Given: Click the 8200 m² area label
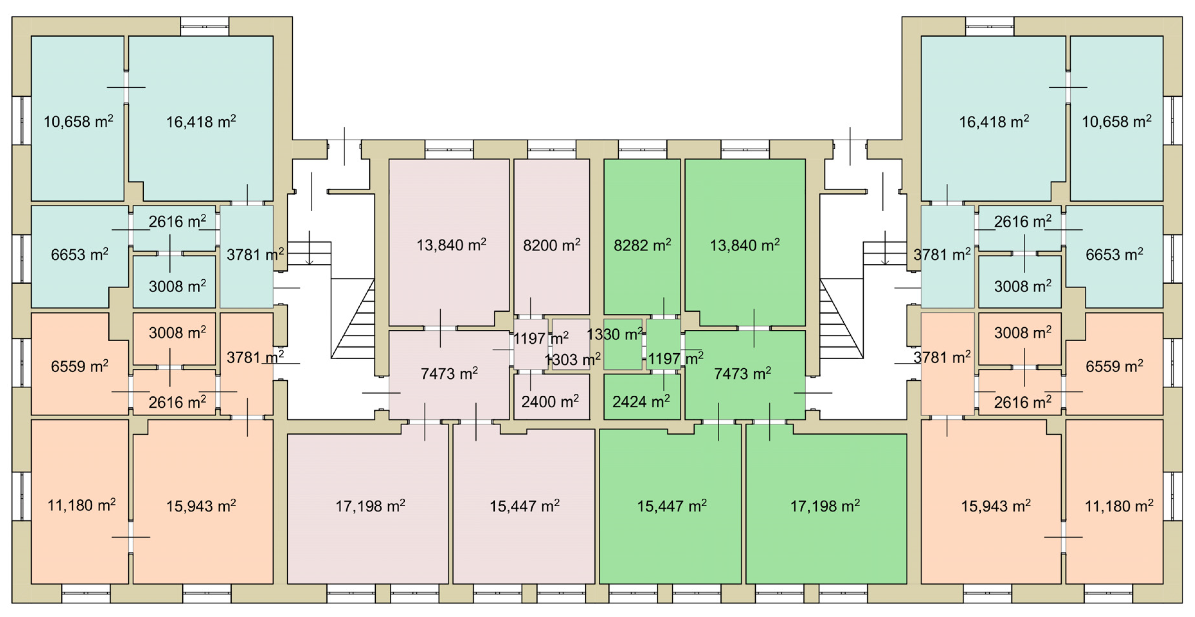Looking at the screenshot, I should tap(551, 245).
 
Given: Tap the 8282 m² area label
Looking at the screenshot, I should tap(642, 245).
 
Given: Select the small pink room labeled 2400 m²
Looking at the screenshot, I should tap(550, 401).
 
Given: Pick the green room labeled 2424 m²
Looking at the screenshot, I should tap(641, 401).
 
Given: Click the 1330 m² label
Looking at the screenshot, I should tap(615, 334).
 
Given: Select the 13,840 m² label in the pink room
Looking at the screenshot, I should tap(451, 245).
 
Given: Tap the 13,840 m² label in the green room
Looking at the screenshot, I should tap(745, 245).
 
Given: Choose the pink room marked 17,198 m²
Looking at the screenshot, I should tap(370, 506).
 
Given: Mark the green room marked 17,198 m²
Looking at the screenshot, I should tap(825, 506).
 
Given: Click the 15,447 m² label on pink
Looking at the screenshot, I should tap(525, 506).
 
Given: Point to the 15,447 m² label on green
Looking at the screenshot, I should tap(671, 506).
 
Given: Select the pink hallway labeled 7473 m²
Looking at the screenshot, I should tap(449, 373).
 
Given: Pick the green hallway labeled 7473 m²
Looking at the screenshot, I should tap(742, 373).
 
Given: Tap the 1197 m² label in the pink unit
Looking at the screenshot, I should tap(540, 338).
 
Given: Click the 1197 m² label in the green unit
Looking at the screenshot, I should tap(675, 358).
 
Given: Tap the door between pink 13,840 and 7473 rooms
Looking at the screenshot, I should tap(440, 328).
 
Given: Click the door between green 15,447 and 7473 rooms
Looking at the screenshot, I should tap(719, 421).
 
